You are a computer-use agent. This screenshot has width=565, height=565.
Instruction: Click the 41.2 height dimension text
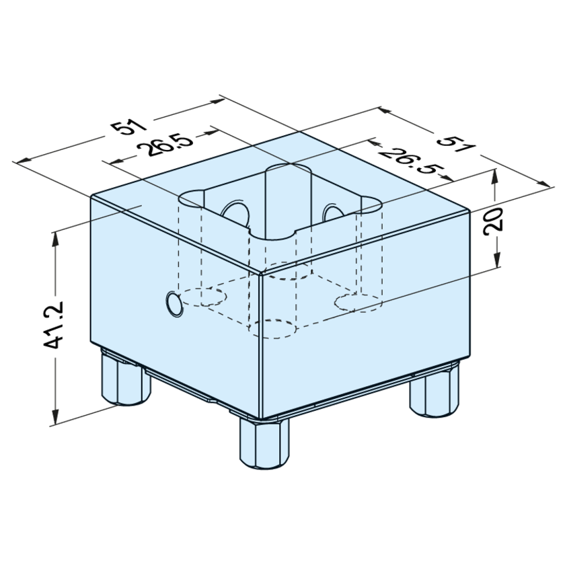pos(53,324)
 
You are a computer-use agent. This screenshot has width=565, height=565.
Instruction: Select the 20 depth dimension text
pos(494,221)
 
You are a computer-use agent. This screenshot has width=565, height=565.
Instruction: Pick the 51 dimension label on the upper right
pos(456,143)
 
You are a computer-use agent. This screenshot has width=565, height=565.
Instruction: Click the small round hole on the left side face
pos(174,305)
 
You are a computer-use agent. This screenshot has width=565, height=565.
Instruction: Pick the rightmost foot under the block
pos(435,391)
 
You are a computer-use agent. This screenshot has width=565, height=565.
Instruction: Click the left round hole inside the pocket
pos(236,213)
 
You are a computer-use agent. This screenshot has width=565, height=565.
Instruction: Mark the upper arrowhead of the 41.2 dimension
pos(55,239)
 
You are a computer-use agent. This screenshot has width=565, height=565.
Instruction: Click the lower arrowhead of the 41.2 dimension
pos(55,417)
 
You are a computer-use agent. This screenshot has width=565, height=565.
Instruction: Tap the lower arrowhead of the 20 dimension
pos(497,260)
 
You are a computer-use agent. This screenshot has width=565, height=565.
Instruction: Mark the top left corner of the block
pos(91,196)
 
